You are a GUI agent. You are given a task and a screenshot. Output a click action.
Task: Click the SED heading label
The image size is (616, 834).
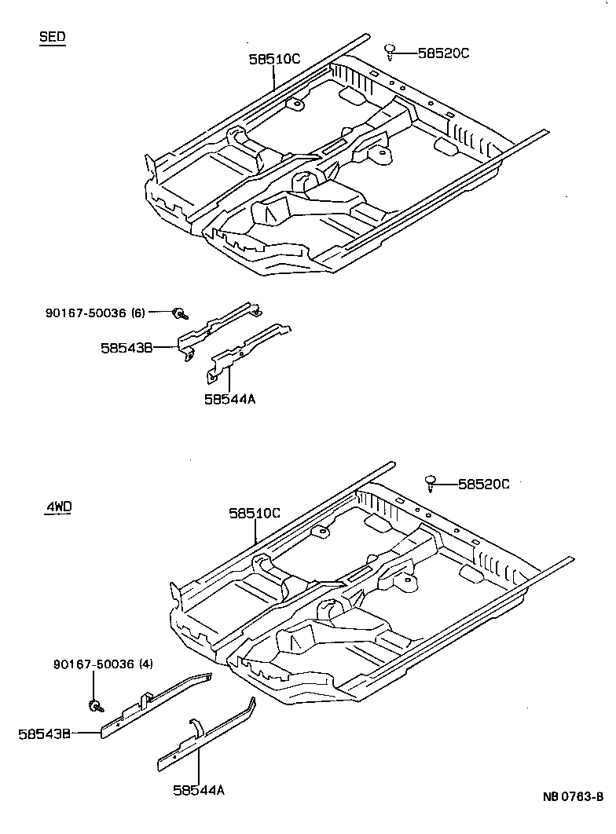click(x=53, y=38)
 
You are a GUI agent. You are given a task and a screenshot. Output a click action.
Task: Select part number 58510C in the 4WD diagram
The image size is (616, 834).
click(x=255, y=513)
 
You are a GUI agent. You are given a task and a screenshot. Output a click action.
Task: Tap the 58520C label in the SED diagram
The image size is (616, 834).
click(x=443, y=53)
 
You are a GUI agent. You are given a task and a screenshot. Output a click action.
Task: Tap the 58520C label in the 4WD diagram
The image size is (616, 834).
click(x=483, y=485)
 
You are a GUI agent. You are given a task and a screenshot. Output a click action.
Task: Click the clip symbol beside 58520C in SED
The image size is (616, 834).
click(x=390, y=52)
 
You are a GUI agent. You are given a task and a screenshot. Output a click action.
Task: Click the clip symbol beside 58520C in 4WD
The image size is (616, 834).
click(x=431, y=483)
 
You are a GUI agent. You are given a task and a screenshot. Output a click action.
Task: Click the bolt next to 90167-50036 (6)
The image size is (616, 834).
click(x=180, y=313)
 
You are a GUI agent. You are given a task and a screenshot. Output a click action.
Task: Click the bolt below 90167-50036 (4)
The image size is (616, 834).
click(x=95, y=704)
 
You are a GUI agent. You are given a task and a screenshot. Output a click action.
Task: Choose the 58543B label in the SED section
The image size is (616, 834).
click(x=126, y=347)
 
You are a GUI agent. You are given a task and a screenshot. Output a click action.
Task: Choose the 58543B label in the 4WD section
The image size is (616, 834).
click(x=45, y=733)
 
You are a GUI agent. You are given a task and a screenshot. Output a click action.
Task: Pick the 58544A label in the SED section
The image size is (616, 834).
click(x=230, y=399)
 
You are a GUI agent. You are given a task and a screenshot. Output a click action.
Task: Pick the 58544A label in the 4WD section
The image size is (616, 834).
click(x=199, y=790)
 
